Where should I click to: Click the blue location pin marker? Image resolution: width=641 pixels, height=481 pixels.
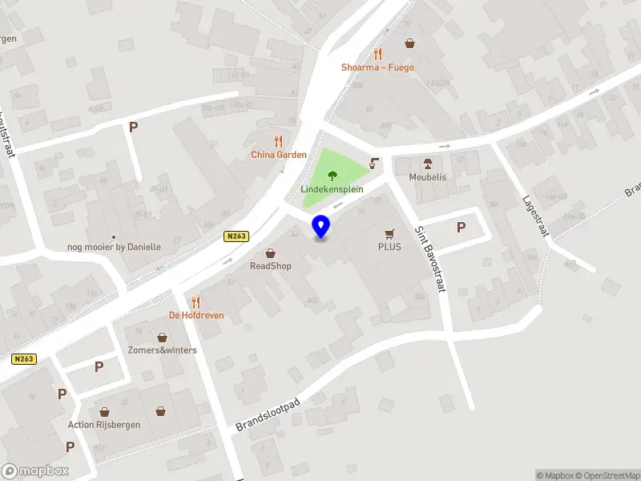pyautogui.click(x=321, y=226)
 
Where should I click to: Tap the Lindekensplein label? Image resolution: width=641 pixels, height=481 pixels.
pyautogui.click(x=332, y=189)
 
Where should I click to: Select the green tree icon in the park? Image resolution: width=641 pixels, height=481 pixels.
pyautogui.click(x=333, y=174)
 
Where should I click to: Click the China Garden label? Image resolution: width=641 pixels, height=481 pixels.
pyautogui.click(x=279, y=155)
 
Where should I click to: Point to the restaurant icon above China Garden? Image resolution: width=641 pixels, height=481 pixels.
pyautogui.click(x=279, y=141)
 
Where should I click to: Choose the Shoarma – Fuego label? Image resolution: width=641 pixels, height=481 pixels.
pyautogui.click(x=377, y=67)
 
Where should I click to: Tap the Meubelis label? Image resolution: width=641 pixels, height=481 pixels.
pyautogui.click(x=427, y=177)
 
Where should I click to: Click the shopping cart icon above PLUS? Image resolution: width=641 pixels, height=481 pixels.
pyautogui.click(x=389, y=233)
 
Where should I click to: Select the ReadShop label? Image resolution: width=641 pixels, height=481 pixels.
pyautogui.click(x=270, y=265)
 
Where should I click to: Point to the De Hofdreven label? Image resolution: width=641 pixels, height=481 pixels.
pyautogui.click(x=196, y=315)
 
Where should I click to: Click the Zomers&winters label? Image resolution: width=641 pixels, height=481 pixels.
pyautogui.click(x=162, y=350)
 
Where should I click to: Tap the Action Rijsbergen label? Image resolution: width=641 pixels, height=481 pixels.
pyautogui.click(x=104, y=424)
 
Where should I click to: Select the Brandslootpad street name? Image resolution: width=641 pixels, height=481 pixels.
pyautogui.click(x=268, y=414)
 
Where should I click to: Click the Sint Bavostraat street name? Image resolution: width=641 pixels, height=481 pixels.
pyautogui.click(x=429, y=258)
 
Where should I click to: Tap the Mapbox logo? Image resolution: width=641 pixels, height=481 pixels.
pyautogui.click(x=34, y=471)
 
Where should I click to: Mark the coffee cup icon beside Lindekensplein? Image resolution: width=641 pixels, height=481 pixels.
pyautogui.click(x=374, y=164)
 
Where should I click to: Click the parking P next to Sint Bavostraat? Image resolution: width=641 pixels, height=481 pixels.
pyautogui.click(x=461, y=227)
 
